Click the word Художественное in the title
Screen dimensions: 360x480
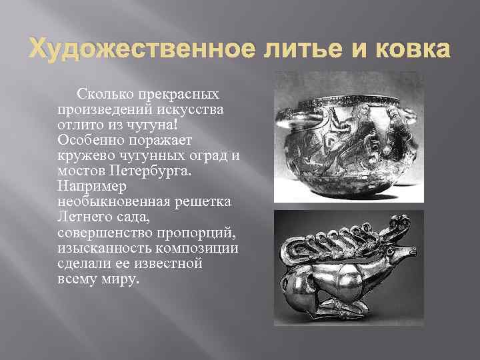[x=123, y=49]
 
